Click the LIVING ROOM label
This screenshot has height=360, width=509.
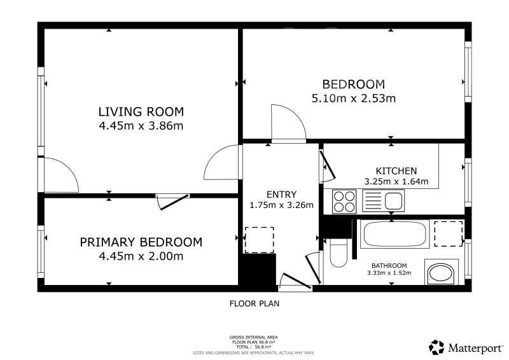pos(141,112)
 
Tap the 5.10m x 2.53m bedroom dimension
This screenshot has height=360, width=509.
pos(354,98)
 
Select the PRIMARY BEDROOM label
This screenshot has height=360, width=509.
pos(141,242)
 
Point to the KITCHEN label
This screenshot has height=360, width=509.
pos(396,170)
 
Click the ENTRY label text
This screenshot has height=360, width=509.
pos(281,195)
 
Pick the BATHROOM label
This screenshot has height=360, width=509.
pos(389,265)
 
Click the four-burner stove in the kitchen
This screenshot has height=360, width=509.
pos(344,202)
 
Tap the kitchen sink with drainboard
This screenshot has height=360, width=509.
pos(383,200)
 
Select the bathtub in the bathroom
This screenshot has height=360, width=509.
pos(394,234)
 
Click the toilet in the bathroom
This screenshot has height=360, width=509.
pos(338,253)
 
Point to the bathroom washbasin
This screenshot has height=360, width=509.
pos(442,272)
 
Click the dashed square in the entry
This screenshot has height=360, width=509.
pos(259,240)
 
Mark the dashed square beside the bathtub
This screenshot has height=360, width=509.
pos(449,233)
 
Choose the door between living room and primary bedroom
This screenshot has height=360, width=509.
pos(172,201)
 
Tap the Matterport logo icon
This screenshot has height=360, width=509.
pos(436,347)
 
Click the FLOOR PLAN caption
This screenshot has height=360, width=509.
pos(254,303)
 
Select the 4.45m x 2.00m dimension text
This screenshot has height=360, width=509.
pos(141,256)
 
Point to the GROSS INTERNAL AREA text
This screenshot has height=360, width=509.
pos(253,337)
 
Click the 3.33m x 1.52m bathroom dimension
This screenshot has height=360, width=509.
pos(389,273)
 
